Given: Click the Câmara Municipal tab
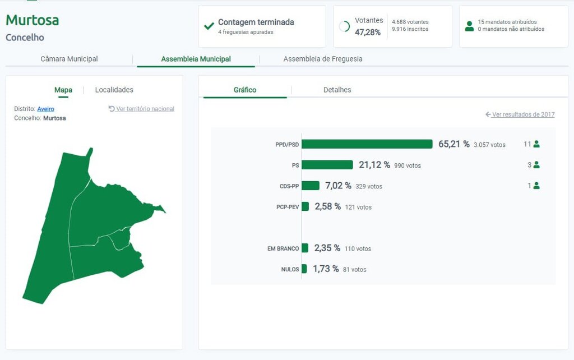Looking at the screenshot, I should (69, 59).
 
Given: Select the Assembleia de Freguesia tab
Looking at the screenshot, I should (323, 59).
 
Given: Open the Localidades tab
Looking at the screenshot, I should (114, 90).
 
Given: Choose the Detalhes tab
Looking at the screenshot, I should (337, 90).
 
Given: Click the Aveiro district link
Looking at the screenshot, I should (46, 109).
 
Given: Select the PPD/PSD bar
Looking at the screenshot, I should (367, 144).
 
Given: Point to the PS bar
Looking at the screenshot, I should (327, 165).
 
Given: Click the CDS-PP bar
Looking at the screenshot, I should (311, 186).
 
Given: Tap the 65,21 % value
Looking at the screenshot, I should (453, 144).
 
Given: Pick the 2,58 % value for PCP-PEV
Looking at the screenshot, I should (327, 206).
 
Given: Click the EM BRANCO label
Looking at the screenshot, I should (283, 248).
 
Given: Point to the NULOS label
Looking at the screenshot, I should (290, 270).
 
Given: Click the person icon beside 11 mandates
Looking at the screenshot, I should (536, 144).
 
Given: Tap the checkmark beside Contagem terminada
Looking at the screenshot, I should (209, 26).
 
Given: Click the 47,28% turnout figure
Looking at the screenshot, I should (368, 33).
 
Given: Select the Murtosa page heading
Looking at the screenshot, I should (33, 21).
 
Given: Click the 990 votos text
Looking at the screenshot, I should (408, 165).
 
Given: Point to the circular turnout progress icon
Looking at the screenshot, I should (345, 26).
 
